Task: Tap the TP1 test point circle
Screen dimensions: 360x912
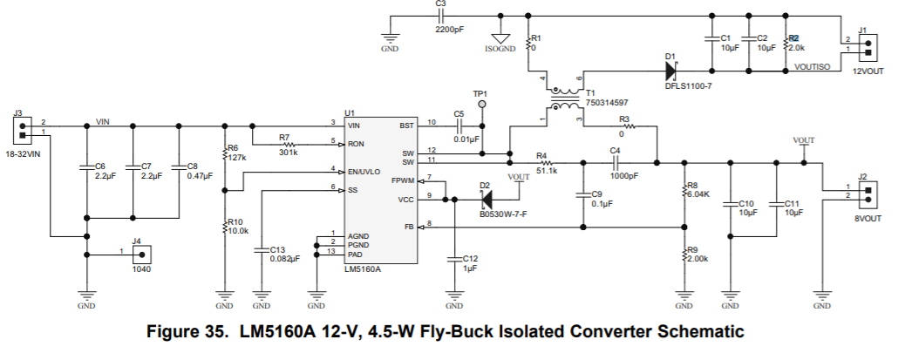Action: [480, 104]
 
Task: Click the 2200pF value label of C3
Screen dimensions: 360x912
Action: [450, 28]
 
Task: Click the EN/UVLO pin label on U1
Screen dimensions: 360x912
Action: [363, 171]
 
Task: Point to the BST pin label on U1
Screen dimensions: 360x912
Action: [407, 126]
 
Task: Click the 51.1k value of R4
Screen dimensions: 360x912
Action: [547, 171]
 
